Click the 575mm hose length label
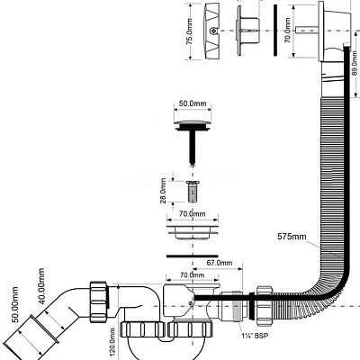[292, 238]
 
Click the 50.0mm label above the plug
[189, 104]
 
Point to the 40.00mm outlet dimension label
[41, 289]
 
